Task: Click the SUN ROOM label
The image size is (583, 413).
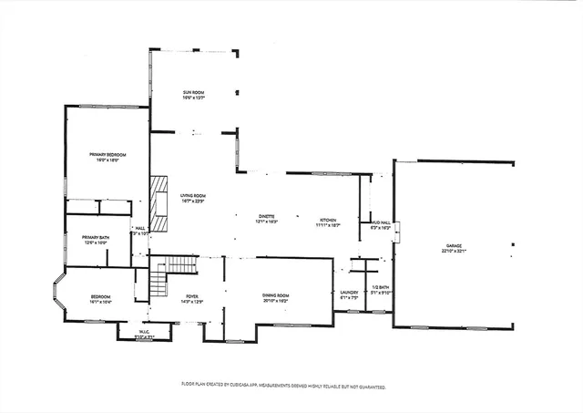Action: [192, 93]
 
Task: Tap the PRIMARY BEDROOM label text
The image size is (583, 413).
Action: [107, 155]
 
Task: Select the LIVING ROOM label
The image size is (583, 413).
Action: [192, 195]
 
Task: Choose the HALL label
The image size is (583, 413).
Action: [140, 228]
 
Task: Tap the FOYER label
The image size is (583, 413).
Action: [192, 295]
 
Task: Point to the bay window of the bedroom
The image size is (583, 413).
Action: [56, 294]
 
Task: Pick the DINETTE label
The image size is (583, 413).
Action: [266, 216]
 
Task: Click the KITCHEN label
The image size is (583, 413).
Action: [328, 220]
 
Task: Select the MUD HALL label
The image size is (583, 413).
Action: [380, 222]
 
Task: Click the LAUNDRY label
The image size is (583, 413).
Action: [351, 292]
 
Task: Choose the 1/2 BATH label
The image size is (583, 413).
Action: [380, 287]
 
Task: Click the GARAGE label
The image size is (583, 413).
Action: [454, 246]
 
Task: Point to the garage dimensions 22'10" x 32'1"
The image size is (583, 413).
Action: [454, 252]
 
